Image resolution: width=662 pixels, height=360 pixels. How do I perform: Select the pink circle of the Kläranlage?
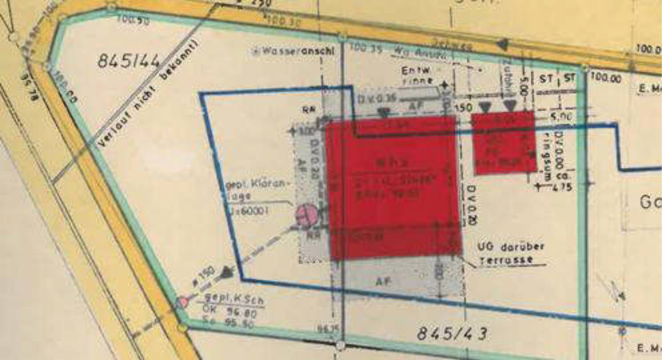(306, 215)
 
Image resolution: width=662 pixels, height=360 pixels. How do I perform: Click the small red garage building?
(503, 142)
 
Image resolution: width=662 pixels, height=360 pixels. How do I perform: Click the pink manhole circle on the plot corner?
(183, 302)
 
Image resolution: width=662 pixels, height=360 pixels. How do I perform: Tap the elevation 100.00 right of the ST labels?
(607, 78)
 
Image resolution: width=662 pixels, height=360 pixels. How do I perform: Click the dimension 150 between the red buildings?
(463, 106)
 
